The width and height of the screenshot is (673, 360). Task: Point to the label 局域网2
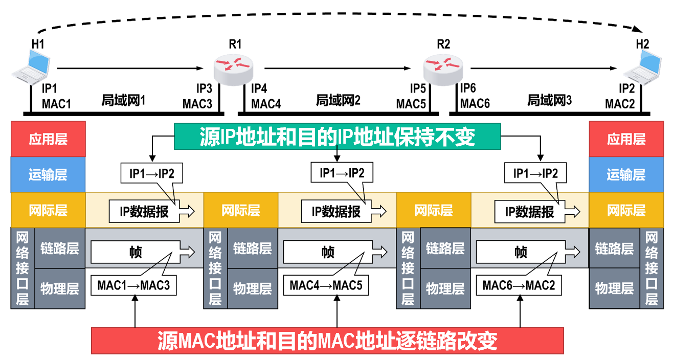coord(338,100)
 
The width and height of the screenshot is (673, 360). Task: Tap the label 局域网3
coord(549,100)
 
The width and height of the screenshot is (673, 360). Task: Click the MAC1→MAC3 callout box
coord(133,285)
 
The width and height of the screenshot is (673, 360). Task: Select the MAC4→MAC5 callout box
coord(326,285)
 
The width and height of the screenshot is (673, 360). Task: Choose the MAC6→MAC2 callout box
coord(519,285)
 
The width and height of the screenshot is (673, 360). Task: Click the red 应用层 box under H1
coord(48,139)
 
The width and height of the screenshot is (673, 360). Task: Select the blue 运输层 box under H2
coord(626,175)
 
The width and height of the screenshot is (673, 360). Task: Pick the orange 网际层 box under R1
coord(241,210)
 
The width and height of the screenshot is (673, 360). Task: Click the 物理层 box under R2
coord(445,288)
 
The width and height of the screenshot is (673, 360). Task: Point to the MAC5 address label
coord(411,104)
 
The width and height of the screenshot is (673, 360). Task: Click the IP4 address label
coord(259,88)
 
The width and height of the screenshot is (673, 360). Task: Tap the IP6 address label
coord(468,88)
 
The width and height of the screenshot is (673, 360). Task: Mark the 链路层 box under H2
coord(614,249)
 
